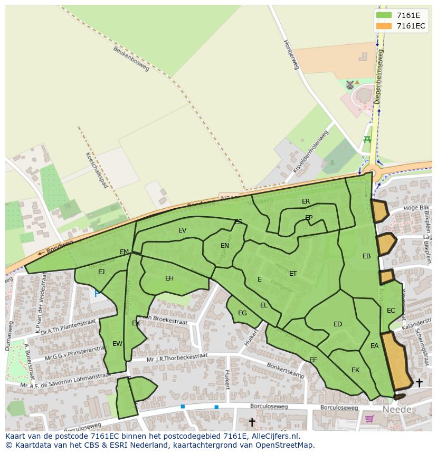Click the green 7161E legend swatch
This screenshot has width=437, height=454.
point(384,15)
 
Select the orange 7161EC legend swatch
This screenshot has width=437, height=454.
point(384,26)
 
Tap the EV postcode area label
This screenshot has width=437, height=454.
point(183,230)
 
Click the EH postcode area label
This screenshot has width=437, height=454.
point(169,278)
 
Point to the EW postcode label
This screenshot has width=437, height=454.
point(117,344)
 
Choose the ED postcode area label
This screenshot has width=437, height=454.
point(338,324)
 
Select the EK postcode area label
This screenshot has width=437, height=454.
point(355,370)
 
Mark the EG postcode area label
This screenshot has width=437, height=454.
point(242,313)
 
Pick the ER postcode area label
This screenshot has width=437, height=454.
point(306,201)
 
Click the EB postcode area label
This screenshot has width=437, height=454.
point(366,256)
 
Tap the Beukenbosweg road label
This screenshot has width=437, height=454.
point(131,58)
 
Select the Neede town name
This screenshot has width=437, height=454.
point(396,410)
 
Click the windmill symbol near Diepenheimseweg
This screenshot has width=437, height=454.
point(349,84)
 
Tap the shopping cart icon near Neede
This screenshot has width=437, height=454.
point(369,419)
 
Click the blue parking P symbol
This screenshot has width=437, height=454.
point(97,293)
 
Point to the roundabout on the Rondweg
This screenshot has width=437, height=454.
point(373,171)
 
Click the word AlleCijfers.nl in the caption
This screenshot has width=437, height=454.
point(274,436)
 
